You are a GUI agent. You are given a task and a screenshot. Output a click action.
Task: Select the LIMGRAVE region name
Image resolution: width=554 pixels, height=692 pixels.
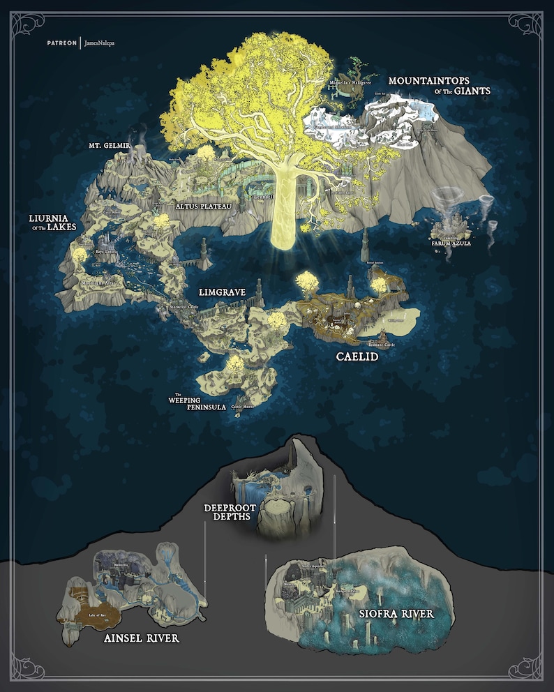(221, 292)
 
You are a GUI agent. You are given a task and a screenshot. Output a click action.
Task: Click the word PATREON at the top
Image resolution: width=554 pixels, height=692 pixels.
(62, 43)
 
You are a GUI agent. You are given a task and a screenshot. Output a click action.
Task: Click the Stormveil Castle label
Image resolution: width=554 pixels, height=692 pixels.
(184, 306)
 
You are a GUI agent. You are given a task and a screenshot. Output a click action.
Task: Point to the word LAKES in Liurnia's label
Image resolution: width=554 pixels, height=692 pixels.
(62, 227)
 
